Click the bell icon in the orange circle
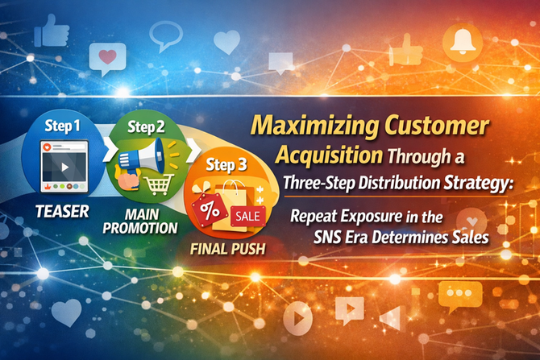point(462,41)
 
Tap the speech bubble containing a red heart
point(107,59)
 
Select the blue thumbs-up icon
point(52,31)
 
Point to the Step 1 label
point(62,126)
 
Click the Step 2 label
point(146,127)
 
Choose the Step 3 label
point(226,165)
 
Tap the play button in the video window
point(64,168)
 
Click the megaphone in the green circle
point(142,159)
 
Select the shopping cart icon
point(158,184)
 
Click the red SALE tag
point(247,216)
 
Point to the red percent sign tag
point(209,210)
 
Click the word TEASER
point(62,211)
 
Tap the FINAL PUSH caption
point(227,249)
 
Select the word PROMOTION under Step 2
point(140,228)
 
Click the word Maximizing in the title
point(314,126)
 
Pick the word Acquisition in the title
point(329,155)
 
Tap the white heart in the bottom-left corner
point(66,312)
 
